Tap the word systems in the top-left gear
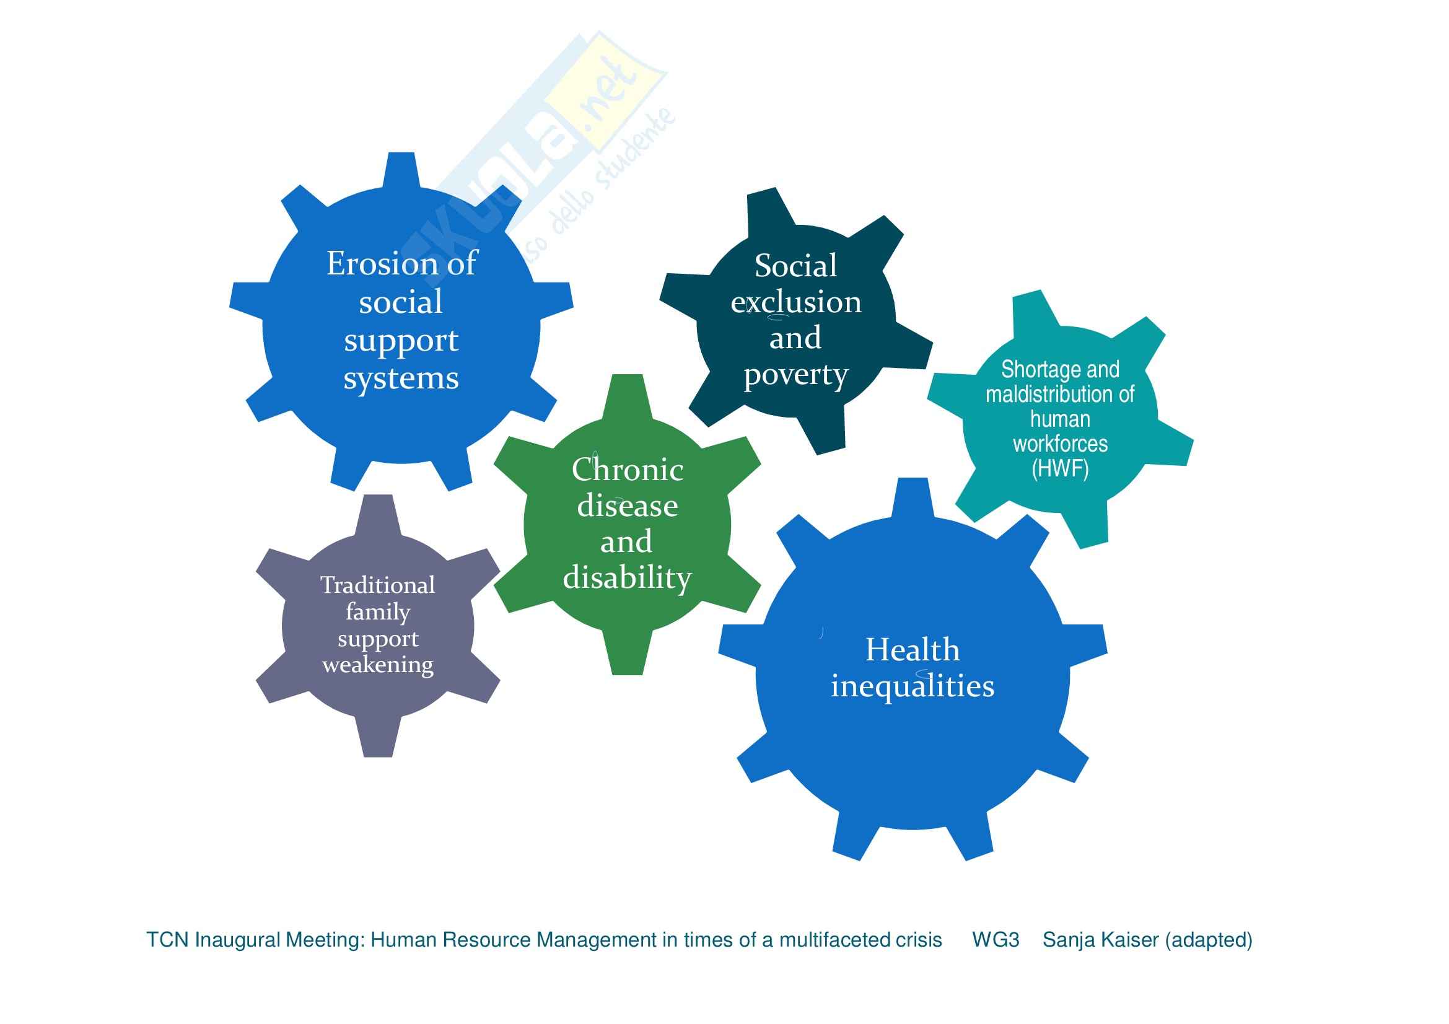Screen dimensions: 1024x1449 pyautogui.click(x=401, y=379)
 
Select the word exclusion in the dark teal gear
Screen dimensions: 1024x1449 pyautogui.click(x=796, y=302)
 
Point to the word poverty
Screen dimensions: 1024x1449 pyautogui.click(x=796, y=375)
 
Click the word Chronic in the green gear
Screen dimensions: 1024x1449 pyautogui.click(x=628, y=470)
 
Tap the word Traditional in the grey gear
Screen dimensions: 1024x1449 pyautogui.click(x=377, y=585)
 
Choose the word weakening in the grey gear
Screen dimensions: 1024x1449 pyautogui.click(x=377, y=664)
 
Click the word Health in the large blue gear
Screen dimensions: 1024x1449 pyautogui.click(x=913, y=650)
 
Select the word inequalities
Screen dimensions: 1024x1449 pyautogui.click(x=913, y=686)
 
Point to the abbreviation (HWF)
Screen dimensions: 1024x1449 pyautogui.click(x=1059, y=469)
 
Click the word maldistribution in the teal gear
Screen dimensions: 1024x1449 pyautogui.click(x=1059, y=395)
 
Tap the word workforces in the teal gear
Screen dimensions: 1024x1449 pyautogui.click(x=1059, y=444)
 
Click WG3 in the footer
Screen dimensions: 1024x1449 pyautogui.click(x=996, y=940)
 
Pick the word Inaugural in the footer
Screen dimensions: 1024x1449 pyautogui.click(x=238, y=940)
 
